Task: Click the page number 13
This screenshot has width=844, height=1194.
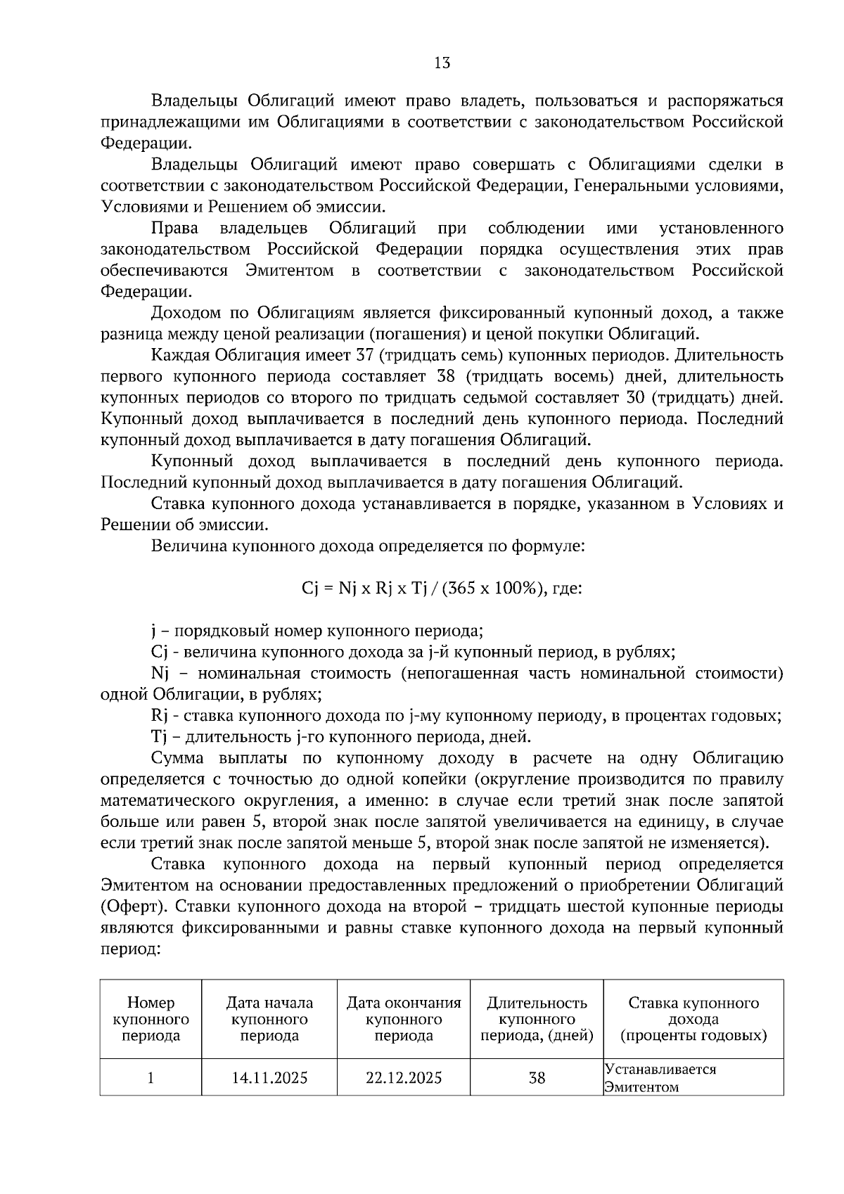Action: coord(442,63)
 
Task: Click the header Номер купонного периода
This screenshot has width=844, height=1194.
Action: coord(151,1019)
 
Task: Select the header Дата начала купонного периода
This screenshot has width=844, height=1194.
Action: coord(269,1019)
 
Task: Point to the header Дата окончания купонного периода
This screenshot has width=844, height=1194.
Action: coord(404,1019)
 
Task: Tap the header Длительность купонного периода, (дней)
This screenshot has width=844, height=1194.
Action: coord(537,1019)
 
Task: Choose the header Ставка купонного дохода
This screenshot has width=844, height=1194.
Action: coord(693,1019)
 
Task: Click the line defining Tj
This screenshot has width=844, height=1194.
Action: coord(340,737)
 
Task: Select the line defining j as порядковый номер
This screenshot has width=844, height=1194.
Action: coord(316,631)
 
